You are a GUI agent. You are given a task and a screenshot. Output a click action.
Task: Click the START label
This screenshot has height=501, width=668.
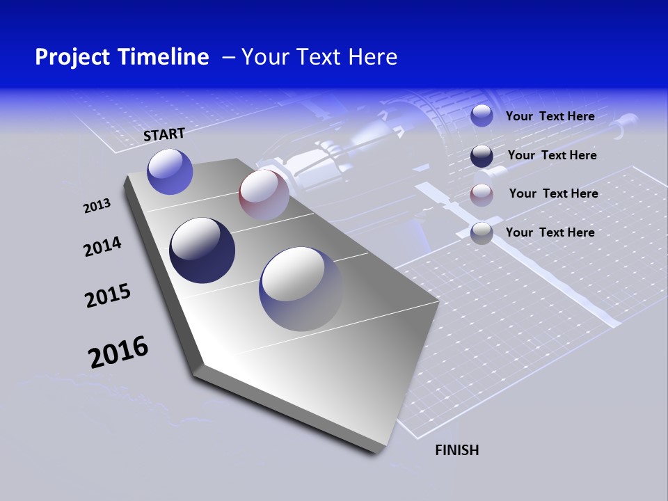pyautogui.click(x=164, y=134)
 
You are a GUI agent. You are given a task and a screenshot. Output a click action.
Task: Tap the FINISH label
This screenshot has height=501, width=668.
pyautogui.click(x=456, y=450)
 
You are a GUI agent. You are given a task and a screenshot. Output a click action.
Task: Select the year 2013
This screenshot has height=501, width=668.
pyautogui.click(x=97, y=206)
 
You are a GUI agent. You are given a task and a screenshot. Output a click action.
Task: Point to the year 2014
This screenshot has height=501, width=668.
pyautogui.click(x=102, y=246)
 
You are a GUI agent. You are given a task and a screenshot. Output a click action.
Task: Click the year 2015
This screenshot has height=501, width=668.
pyautogui.click(x=107, y=296)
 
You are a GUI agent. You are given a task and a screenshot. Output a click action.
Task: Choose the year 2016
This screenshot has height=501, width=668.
pyautogui.click(x=118, y=352)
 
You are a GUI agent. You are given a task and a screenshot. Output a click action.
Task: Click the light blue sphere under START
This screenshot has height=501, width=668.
pyautogui.click(x=170, y=171)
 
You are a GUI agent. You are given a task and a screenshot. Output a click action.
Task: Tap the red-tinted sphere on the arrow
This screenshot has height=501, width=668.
pyautogui.click(x=264, y=194)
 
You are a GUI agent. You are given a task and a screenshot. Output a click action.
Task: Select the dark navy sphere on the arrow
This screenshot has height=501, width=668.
pyautogui.click(x=202, y=250)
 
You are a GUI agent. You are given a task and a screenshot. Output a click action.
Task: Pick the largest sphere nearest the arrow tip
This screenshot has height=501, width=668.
pyautogui.click(x=301, y=288)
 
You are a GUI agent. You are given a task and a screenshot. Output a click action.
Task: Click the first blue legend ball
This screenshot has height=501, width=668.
pyautogui.click(x=482, y=116)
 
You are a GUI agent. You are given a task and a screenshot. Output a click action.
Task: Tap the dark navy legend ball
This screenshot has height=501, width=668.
pyautogui.click(x=482, y=156)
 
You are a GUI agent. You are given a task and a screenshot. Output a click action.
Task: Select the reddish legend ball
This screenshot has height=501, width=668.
pyautogui.click(x=482, y=194)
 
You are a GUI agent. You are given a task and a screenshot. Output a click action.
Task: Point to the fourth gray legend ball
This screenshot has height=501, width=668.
pyautogui.click(x=482, y=233)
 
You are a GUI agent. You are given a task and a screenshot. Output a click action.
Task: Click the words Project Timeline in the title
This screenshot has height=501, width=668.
pyautogui.click(x=122, y=57)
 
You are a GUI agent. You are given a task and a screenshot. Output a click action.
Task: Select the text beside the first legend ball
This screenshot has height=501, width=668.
pyautogui.click(x=550, y=117)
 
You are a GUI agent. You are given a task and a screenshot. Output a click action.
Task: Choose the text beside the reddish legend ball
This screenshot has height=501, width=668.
pyautogui.click(x=553, y=193)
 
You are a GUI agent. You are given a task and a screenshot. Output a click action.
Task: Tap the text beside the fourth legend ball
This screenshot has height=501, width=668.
pyautogui.click(x=550, y=232)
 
